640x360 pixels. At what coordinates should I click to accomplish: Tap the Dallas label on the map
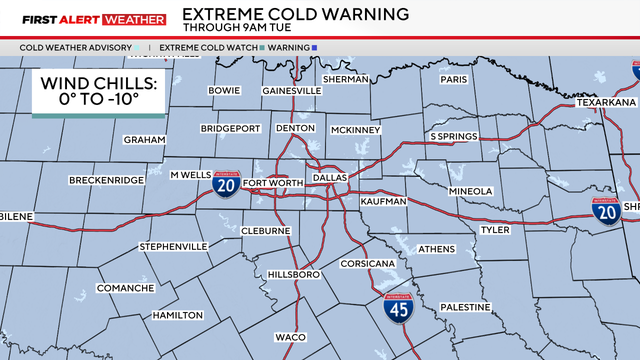329,177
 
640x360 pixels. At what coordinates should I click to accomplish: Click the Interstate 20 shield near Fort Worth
225,186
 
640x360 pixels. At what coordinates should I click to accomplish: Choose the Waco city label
290,337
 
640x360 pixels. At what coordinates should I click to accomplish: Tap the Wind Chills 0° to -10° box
98,93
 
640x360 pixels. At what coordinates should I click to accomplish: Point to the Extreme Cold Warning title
295,14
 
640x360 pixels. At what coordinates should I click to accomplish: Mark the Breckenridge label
106,180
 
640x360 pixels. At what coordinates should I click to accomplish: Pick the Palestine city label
465,307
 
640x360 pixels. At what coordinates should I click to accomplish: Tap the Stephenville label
173,246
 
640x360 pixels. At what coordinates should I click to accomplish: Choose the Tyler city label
495,230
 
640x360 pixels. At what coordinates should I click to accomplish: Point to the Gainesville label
291,90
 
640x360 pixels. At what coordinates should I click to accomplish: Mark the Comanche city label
125,288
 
